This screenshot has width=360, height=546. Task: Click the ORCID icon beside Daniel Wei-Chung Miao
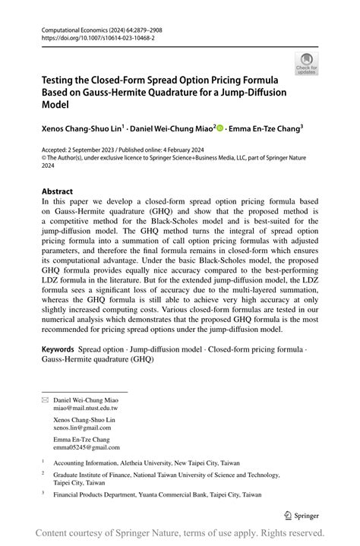(x=221, y=129)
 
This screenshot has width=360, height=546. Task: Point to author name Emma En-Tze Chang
(x=266, y=129)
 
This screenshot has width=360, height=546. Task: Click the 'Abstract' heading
(x=58, y=191)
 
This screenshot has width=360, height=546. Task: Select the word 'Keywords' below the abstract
(x=58, y=349)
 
